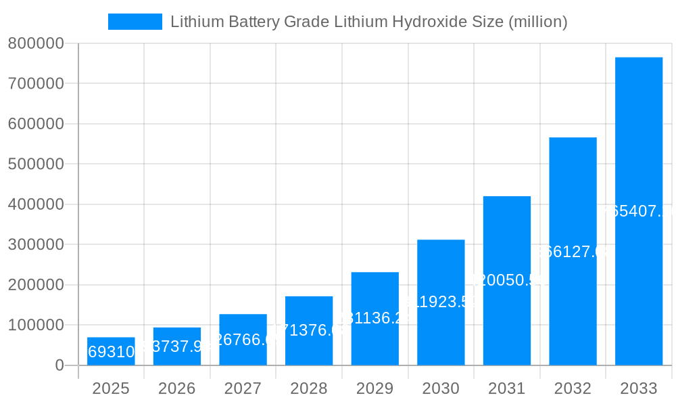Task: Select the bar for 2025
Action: point(111,351)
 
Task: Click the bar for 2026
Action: point(177,346)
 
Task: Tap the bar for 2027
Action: point(243,340)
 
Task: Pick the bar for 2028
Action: point(309,331)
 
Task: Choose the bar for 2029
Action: point(375,319)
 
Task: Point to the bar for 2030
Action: point(441,302)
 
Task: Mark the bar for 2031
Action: point(506,281)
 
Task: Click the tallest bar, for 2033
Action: point(638,211)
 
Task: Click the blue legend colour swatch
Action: point(135,22)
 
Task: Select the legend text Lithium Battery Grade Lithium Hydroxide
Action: point(368,22)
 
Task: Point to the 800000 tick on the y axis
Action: point(36,44)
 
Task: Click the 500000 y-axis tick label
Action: point(36,164)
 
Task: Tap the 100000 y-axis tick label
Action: point(36,325)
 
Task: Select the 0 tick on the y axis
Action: point(59,365)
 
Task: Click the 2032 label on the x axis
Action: point(573,388)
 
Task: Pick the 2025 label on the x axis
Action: point(111,388)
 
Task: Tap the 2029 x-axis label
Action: point(375,388)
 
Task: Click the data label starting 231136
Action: point(375,318)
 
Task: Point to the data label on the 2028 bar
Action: point(309,330)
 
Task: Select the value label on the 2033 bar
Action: point(638,211)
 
